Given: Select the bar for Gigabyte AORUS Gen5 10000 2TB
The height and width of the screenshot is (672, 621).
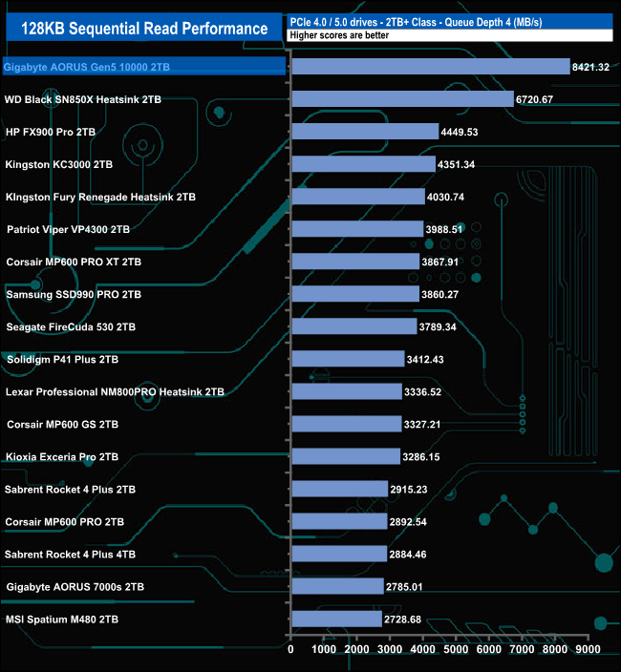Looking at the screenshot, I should coord(430,67).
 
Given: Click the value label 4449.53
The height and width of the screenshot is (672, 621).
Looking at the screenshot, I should coord(462,132).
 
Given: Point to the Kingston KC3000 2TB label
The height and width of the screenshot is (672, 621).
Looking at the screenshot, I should coord(59,164).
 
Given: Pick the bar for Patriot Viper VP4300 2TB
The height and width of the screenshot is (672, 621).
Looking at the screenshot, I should coord(357,229).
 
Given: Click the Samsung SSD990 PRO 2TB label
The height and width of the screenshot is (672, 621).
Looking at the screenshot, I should coord(74,294).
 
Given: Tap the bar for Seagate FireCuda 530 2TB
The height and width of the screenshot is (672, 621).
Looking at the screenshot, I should coord(353,326).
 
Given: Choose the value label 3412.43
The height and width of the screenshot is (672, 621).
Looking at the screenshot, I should coord(430,359).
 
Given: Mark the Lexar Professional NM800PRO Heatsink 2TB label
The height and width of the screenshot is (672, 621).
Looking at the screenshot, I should coord(115,391).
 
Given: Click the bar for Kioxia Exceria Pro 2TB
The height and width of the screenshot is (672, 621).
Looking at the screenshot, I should coord(346,456).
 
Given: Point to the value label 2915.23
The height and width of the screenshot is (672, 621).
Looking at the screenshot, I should coord(416,489).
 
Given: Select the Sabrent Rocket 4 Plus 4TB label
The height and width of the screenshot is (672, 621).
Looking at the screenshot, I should coord(70,554).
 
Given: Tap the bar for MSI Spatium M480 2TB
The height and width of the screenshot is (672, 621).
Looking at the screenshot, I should coord(336,619).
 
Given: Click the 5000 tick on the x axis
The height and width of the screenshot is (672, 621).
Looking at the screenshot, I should coord(456,649).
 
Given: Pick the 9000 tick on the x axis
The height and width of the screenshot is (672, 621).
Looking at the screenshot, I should coord(588,649).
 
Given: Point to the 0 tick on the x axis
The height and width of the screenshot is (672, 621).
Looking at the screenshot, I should coord(291,649).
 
